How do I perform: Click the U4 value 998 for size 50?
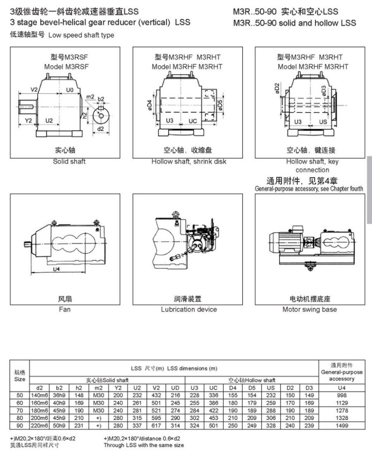point(341,395)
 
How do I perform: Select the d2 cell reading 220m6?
point(40,425)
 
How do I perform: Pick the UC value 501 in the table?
point(213,425)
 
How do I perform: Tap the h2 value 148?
point(79,395)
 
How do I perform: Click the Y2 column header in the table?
point(118,388)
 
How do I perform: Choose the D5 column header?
point(252,388)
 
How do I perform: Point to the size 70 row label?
point(20,410)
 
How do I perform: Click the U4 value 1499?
point(341,425)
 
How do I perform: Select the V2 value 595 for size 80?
point(156,418)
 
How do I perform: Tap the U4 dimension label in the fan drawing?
point(56,269)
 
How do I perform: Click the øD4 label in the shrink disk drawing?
point(149,106)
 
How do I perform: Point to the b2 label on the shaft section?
point(101,99)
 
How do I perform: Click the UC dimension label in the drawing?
point(193,121)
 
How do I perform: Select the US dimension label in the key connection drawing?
point(323,122)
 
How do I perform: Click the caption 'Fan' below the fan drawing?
point(64,309)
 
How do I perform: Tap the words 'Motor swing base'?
point(310,309)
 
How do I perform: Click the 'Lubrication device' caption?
point(189,309)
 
